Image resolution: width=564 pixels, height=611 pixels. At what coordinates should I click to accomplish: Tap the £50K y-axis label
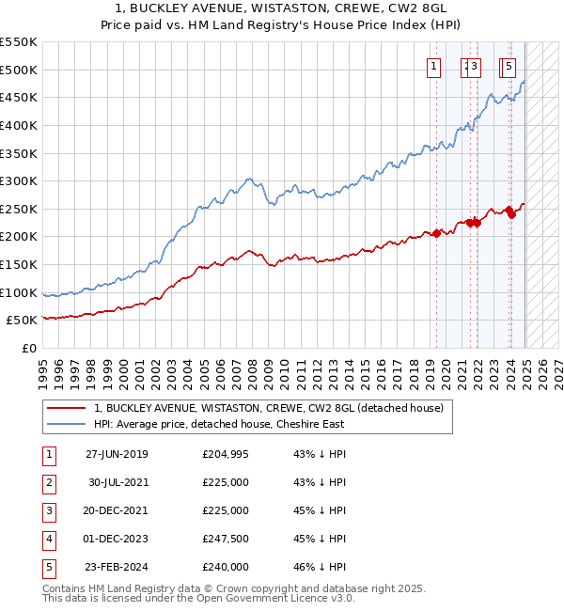click(23, 321)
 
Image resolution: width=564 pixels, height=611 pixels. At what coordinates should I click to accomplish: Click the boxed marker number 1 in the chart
click(434, 66)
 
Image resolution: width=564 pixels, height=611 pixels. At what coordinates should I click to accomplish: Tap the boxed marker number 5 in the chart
click(509, 66)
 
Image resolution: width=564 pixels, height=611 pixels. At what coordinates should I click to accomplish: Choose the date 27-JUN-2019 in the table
click(117, 454)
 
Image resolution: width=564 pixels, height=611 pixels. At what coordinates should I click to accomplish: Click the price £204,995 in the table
click(226, 454)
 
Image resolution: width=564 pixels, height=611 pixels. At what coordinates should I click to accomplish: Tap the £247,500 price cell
click(226, 539)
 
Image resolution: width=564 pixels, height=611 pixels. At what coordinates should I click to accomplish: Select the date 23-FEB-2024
click(117, 567)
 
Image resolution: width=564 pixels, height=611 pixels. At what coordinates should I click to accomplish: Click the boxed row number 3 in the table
click(47, 510)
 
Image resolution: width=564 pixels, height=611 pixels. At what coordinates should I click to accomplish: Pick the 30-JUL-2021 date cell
click(117, 482)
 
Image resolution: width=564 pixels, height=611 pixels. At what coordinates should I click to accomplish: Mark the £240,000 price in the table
click(226, 567)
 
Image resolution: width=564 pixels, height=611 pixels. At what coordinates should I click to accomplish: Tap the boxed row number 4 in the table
click(47, 539)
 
